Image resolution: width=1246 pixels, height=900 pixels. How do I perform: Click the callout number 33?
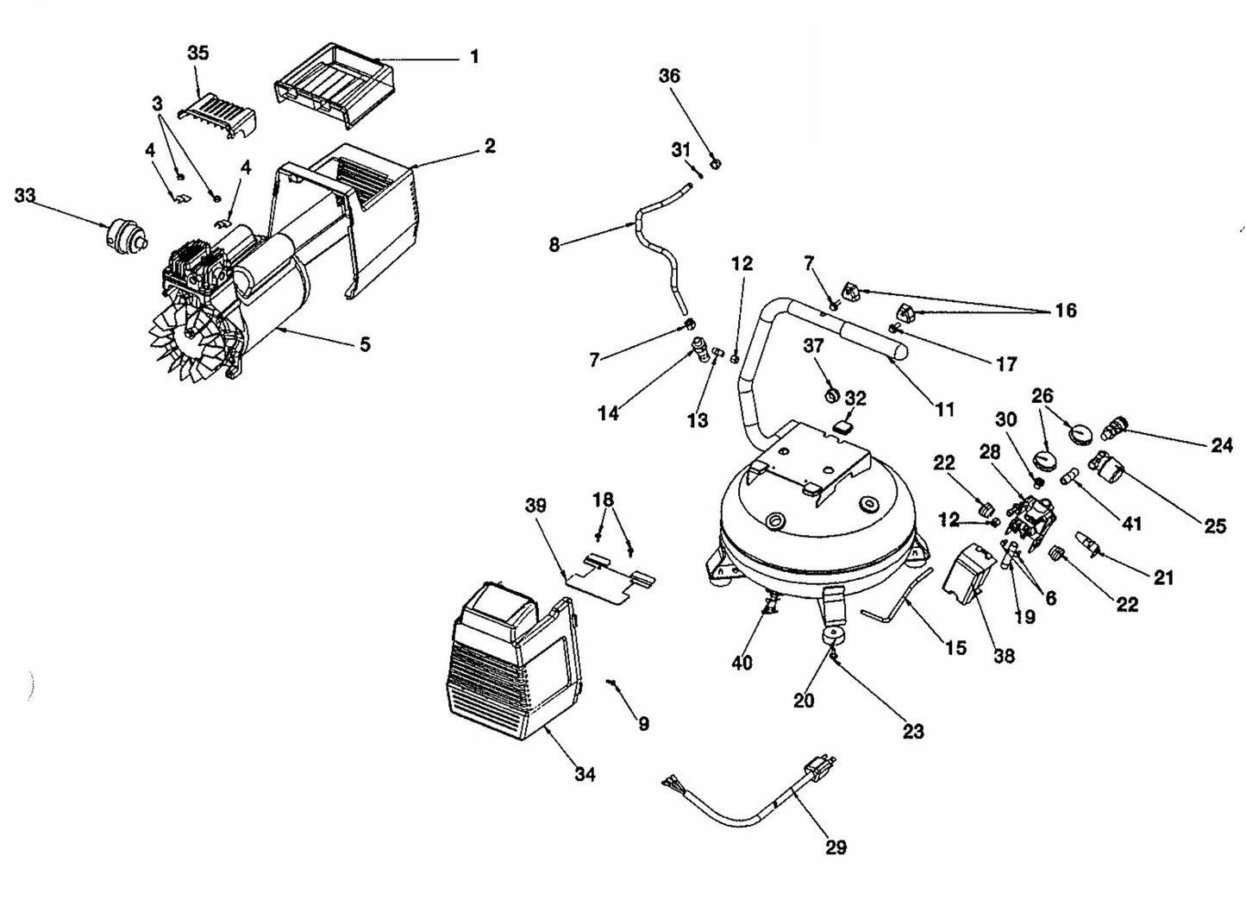click(x=25, y=196)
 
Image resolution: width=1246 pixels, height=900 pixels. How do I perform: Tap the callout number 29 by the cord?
click(x=836, y=847)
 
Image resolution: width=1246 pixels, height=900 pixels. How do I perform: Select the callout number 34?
click(x=585, y=774)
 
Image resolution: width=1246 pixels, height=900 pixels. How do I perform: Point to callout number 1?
click(x=474, y=57)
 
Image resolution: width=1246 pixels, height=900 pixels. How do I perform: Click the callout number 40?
click(x=742, y=662)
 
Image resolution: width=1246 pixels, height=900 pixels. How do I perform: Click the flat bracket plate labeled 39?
click(x=610, y=577)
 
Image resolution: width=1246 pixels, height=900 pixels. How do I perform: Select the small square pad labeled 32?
click(x=845, y=425)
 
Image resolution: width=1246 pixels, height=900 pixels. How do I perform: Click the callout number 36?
click(x=669, y=76)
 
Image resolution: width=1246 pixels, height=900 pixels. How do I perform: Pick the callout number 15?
click(x=955, y=647)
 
